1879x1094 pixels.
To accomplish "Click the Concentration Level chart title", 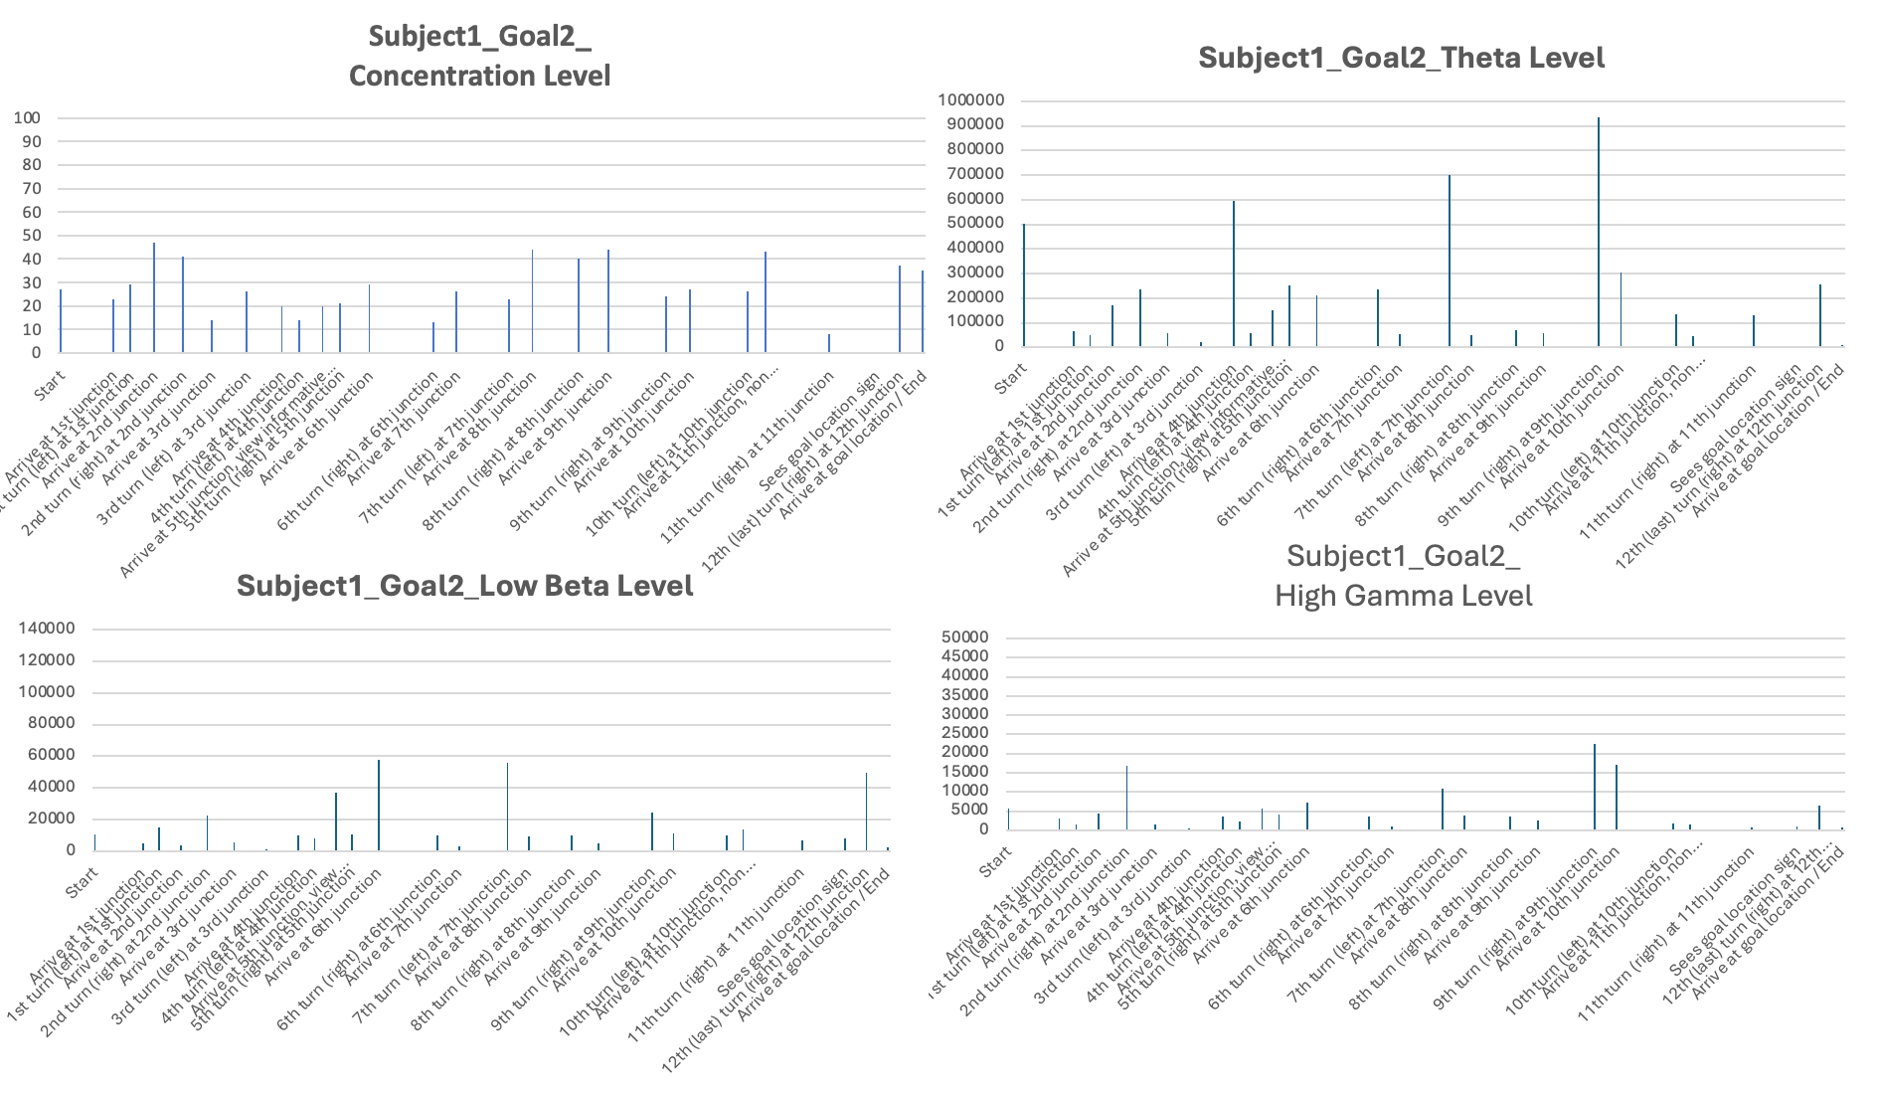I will [479, 56].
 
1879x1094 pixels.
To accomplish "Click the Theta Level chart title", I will [1401, 58].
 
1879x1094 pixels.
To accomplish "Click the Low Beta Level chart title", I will [464, 586].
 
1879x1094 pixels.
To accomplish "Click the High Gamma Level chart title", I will [1403, 576].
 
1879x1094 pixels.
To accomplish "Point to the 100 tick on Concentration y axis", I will [27, 118].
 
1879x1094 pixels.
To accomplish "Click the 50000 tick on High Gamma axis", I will [964, 638].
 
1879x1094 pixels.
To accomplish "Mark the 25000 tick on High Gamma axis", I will [964, 734].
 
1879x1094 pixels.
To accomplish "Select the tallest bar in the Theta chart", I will [1599, 234].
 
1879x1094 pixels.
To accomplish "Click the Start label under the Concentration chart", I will [49, 384].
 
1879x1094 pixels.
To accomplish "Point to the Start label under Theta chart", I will [1010, 378].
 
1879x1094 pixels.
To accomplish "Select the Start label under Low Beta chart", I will [83, 882].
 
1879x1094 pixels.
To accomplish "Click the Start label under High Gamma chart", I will [995, 861].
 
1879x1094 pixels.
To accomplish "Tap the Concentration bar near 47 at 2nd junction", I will [154, 298].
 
